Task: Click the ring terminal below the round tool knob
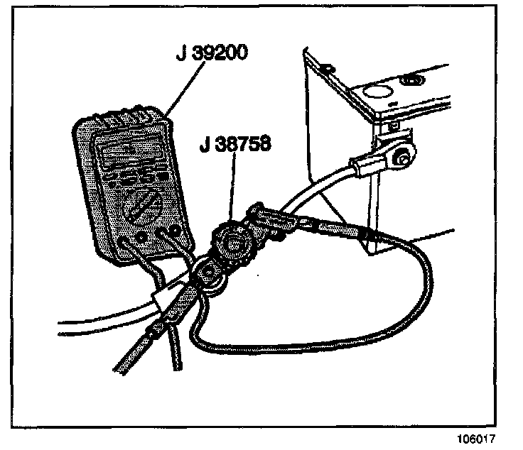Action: (x=209, y=273)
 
